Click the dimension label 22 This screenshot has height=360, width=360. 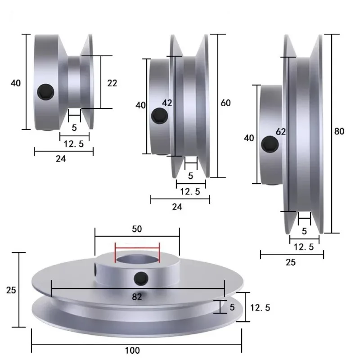tap(112, 83)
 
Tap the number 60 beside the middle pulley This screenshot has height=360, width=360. tap(225, 103)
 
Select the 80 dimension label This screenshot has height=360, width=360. tap(339, 131)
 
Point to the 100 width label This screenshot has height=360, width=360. tap(132, 351)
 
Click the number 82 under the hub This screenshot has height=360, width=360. tap(137, 297)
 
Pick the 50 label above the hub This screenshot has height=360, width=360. tap(137, 229)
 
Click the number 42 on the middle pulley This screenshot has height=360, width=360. tap(167, 103)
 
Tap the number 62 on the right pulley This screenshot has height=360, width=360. tap(280, 132)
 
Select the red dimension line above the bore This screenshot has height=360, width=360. tap(137, 248)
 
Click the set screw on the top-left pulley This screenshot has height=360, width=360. tap(46, 92)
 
